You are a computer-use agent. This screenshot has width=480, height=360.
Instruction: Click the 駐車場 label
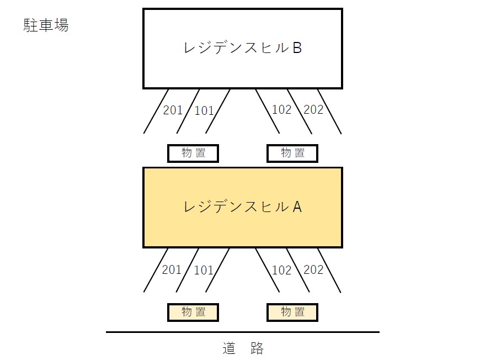(46, 25)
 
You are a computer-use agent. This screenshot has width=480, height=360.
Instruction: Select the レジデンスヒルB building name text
(242, 48)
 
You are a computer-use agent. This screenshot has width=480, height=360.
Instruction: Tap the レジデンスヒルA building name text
(242, 207)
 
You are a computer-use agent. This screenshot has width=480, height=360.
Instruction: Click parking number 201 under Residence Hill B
(173, 110)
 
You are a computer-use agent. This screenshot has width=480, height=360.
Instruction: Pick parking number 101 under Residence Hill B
(204, 110)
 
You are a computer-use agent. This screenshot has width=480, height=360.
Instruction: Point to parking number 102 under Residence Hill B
(281, 109)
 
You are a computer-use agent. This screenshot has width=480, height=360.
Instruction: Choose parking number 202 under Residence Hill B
(313, 109)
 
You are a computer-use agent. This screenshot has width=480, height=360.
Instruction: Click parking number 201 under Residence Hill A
(172, 269)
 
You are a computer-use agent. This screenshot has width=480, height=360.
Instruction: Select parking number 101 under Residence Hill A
(204, 270)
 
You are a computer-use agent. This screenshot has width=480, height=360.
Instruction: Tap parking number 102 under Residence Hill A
(281, 270)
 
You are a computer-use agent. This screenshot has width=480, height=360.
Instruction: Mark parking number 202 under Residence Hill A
(313, 270)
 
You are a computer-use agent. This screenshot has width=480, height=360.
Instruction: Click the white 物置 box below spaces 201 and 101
(193, 153)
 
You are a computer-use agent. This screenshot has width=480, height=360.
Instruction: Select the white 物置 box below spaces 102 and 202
(292, 153)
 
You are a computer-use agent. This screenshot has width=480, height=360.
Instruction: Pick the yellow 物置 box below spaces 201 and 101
(193, 312)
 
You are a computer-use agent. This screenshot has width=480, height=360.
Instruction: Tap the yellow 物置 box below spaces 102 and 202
(292, 312)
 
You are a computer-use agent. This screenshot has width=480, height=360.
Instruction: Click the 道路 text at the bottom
(243, 348)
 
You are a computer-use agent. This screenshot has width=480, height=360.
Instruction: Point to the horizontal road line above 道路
(243, 332)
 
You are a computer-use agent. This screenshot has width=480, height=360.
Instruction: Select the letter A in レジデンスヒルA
(296, 207)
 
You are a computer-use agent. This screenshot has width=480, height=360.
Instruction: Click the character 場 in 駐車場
(61, 25)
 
